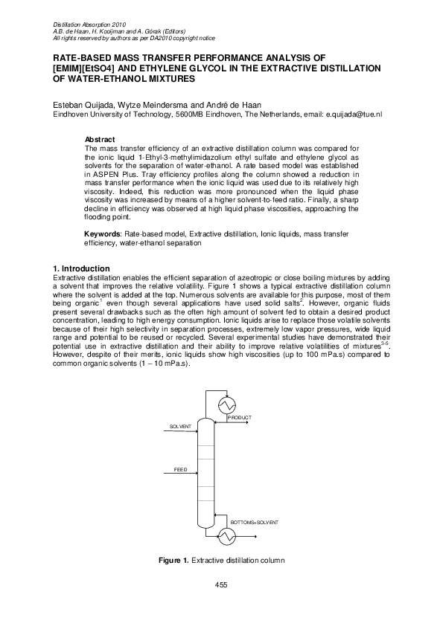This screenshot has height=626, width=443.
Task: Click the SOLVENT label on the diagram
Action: tap(180, 427)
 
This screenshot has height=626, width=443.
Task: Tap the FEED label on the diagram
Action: tap(181, 470)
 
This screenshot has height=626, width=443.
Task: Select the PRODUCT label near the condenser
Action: tap(240, 418)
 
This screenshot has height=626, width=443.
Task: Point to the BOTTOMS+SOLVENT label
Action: tap(255, 523)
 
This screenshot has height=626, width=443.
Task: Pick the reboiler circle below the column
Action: tap(225, 536)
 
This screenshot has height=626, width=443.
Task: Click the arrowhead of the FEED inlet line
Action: tap(194, 474)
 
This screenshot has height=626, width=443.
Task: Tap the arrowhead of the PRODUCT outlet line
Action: tap(255, 421)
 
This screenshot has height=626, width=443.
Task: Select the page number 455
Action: tap(221, 585)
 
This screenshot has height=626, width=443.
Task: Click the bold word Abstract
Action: tap(100, 140)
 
